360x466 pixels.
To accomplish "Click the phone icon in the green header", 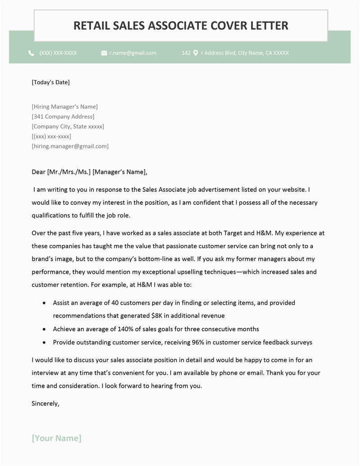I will tap(31, 53).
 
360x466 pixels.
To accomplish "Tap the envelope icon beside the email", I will tap(104, 53).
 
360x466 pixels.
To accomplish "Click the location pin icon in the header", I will tap(196, 53).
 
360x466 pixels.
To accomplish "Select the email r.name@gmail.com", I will tap(133, 53).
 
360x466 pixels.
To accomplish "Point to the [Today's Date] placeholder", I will tap(51, 82).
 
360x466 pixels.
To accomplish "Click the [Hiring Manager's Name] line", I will tap(65, 107).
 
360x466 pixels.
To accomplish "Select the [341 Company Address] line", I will tap(63, 117).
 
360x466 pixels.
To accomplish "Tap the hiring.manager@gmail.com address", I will tap(70, 146).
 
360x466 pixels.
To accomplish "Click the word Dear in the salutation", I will tap(38, 172).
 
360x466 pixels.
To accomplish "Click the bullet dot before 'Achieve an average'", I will tap(44, 329).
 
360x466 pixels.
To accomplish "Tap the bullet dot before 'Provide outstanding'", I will tap(44, 342).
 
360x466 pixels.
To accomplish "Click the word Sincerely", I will tap(45, 403).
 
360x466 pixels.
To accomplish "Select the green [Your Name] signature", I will tap(57, 438).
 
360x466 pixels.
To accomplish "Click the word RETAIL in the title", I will tap(90, 25).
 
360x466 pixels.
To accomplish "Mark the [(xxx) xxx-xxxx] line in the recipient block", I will tap(51, 136).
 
